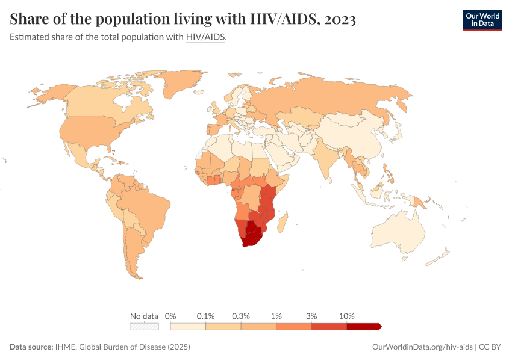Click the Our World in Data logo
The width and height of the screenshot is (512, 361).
pos(482,20)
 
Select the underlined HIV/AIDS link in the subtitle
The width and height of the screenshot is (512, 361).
pos(205,37)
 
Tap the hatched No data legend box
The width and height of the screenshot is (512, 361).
pos(144,326)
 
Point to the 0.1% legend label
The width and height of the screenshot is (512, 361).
pos(206,316)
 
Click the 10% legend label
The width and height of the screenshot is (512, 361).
pos(347,316)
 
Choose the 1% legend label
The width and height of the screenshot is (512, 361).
pos(276,316)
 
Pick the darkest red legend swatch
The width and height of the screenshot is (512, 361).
pos(363,326)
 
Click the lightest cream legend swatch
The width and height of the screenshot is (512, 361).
pos(188,326)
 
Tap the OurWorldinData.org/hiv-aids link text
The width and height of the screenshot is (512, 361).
pos(422,347)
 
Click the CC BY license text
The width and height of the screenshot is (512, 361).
pos(490,347)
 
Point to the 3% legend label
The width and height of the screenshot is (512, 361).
pos(311,316)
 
